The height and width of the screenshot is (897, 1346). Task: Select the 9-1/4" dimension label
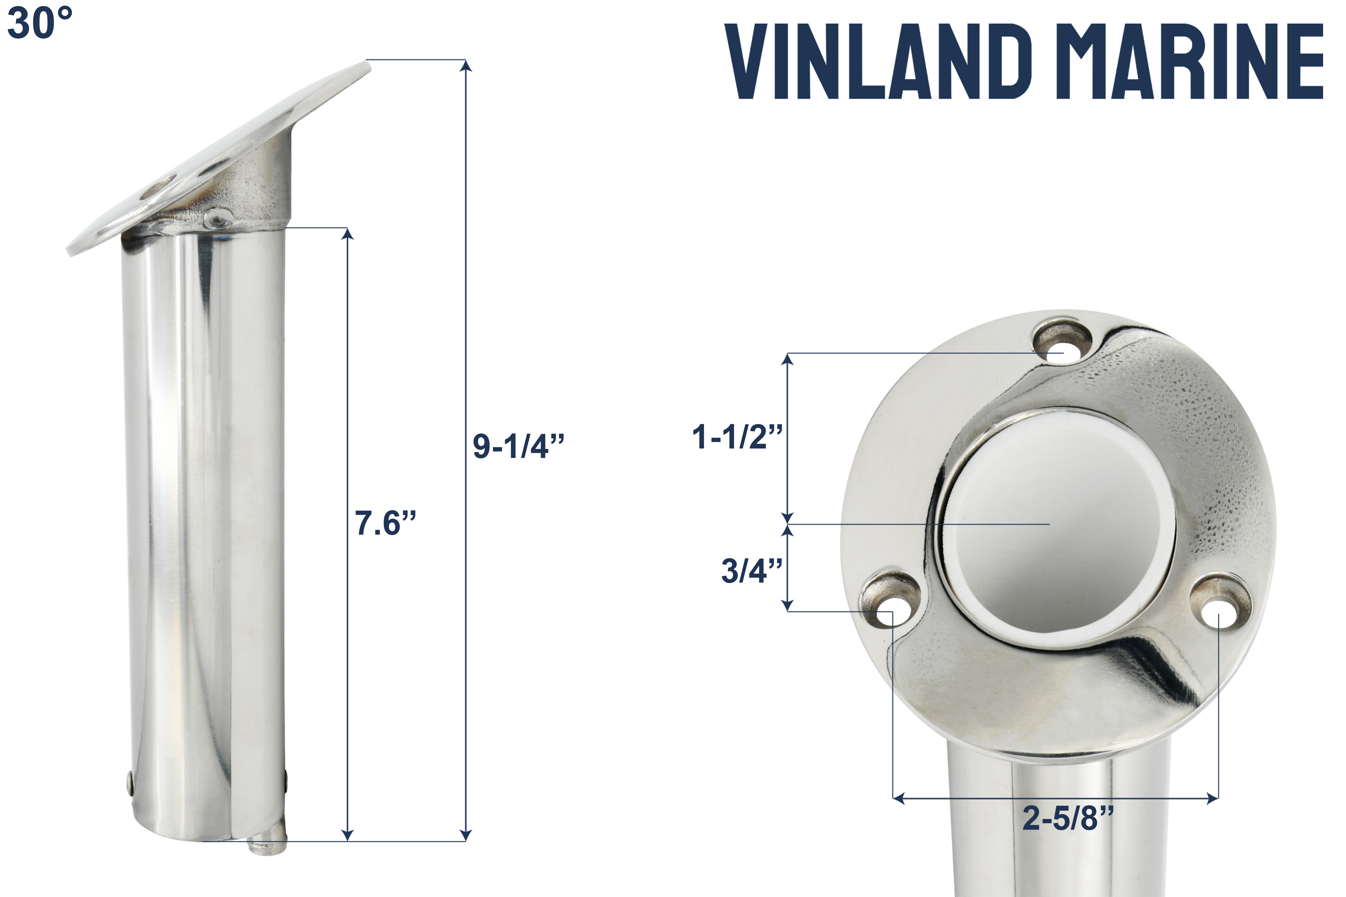518,446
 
